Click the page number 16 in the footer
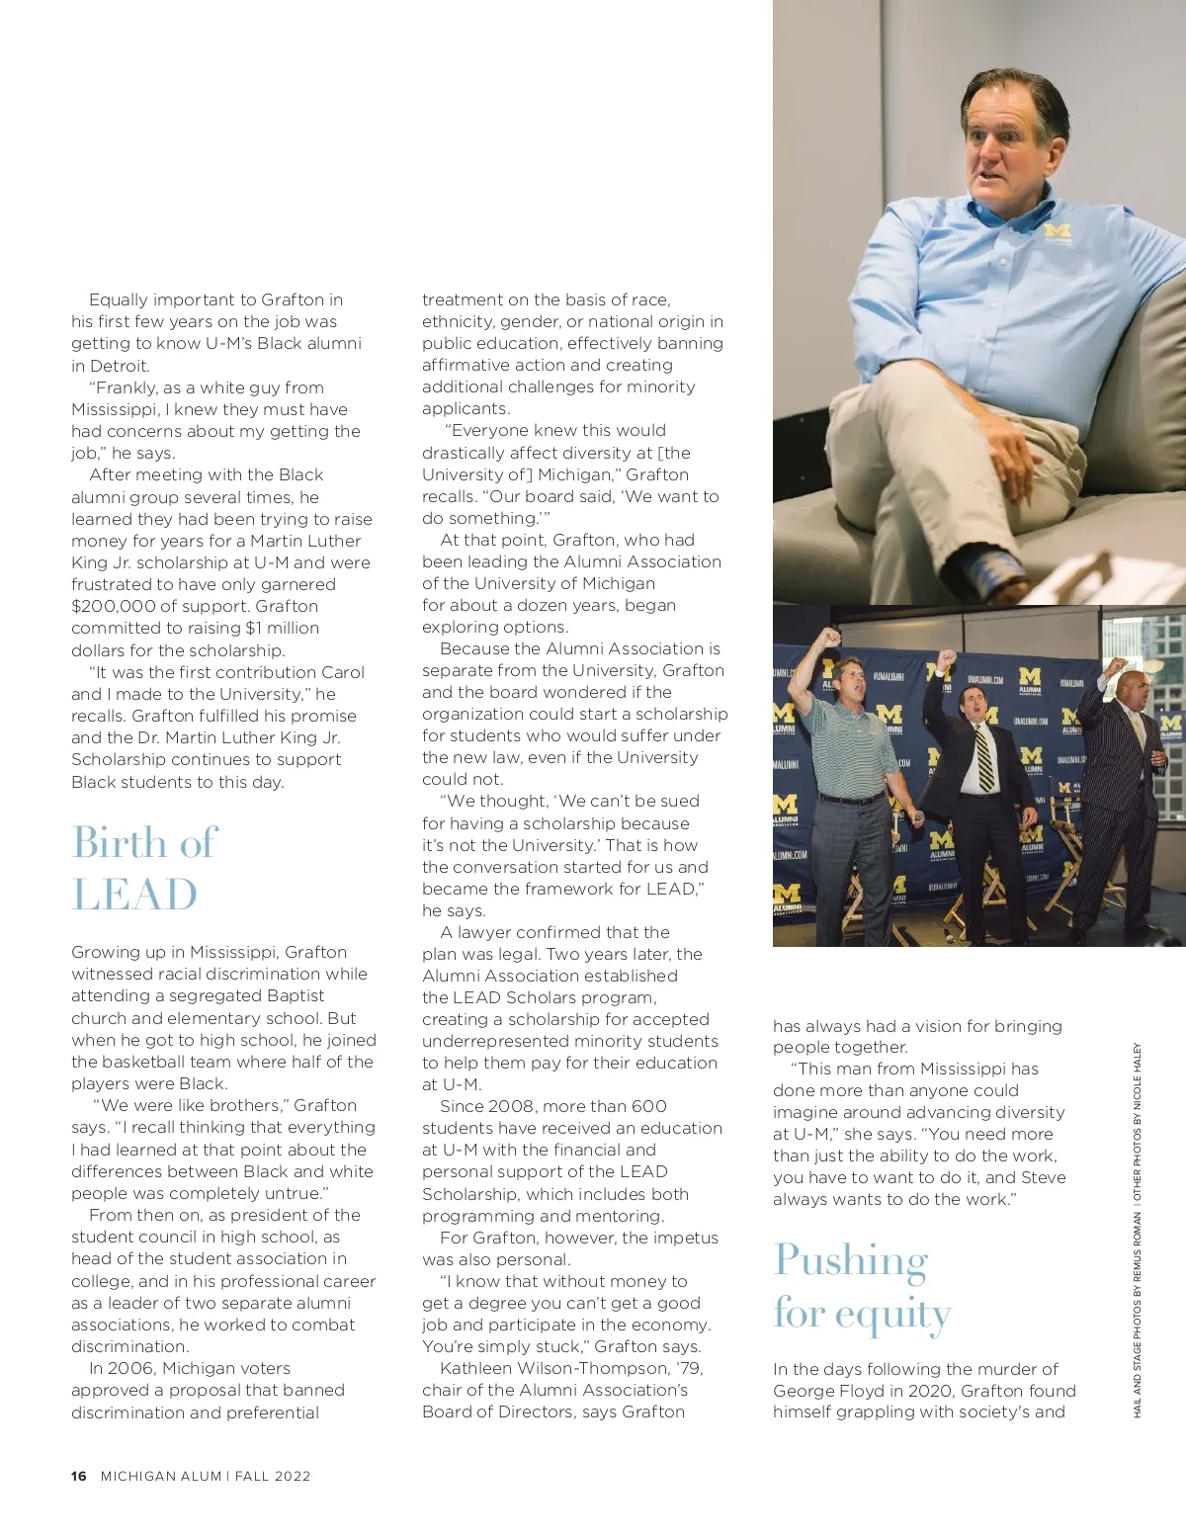pos(78,1477)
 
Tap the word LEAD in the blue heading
pos(134,895)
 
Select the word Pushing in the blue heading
pos(851,1260)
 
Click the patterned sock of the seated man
pos(998,572)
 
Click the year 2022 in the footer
pos(293,1477)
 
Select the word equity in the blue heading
pos(892,1315)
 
